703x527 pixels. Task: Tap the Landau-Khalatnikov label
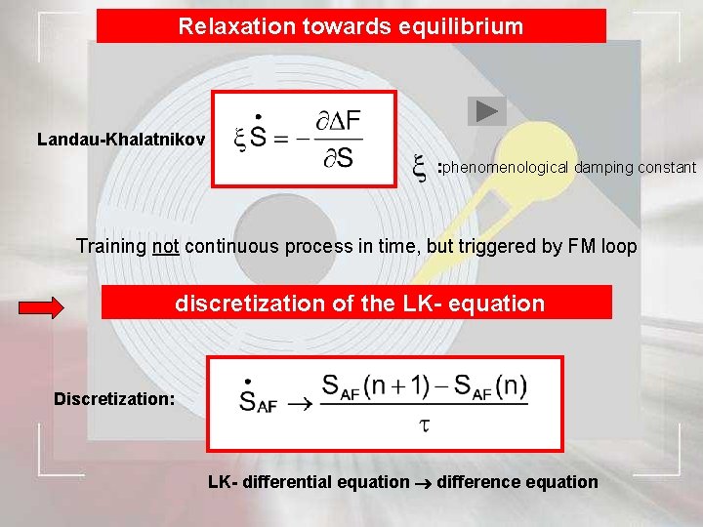click(x=120, y=140)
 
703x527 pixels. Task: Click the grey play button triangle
click(x=486, y=112)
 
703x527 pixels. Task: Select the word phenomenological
click(x=507, y=168)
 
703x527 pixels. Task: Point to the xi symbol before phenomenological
click(x=420, y=170)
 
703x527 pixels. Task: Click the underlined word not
click(x=166, y=246)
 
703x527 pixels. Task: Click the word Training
click(x=111, y=246)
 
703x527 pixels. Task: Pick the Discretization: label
click(x=114, y=399)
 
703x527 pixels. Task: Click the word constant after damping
click(x=667, y=168)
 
